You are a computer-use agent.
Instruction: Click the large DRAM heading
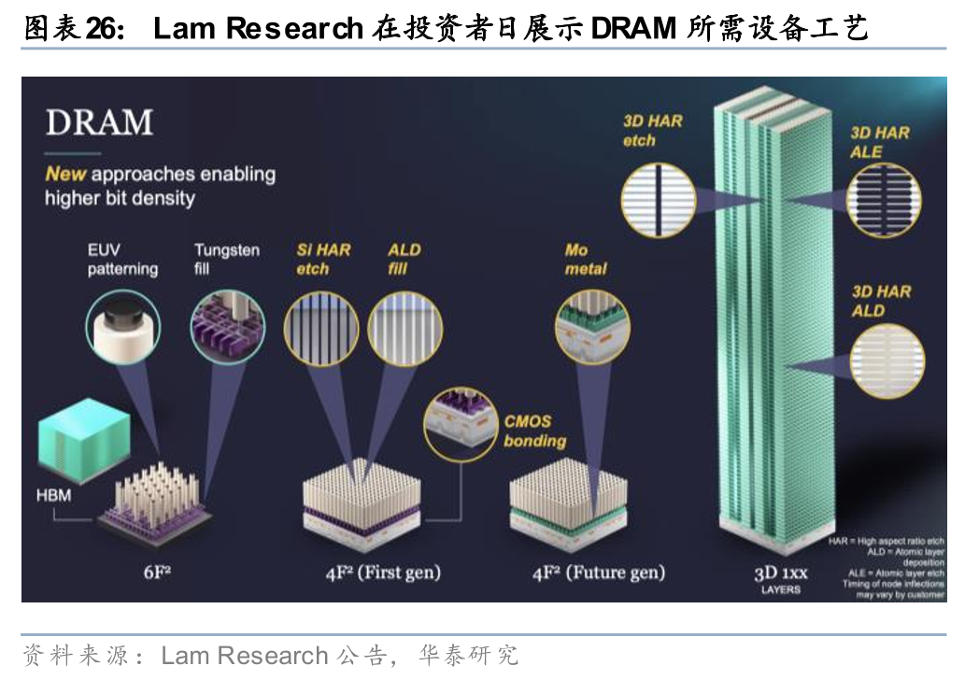click(99, 122)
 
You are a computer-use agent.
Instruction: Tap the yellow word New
click(65, 173)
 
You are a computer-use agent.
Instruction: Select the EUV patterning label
click(122, 260)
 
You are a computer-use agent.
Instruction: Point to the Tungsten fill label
click(227, 260)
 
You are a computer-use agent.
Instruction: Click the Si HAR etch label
click(323, 260)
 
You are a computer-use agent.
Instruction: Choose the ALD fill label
click(404, 260)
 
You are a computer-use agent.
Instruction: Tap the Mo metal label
click(585, 260)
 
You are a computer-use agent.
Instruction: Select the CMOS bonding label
click(534, 431)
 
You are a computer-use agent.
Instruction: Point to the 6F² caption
click(156, 572)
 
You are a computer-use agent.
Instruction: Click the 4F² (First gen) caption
click(383, 572)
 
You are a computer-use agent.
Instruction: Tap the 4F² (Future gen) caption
click(599, 572)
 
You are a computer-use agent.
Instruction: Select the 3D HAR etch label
click(652, 131)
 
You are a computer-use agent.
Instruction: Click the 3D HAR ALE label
click(879, 142)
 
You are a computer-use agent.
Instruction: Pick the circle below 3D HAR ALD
click(887, 360)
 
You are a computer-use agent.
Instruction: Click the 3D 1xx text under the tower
click(780, 574)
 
